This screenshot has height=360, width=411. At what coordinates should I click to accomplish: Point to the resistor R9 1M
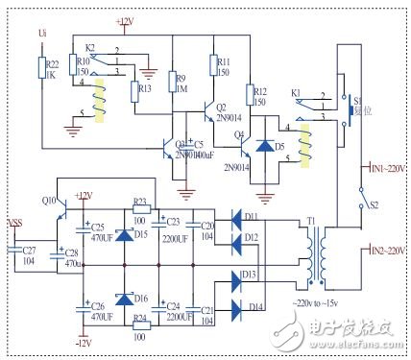point(175,83)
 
